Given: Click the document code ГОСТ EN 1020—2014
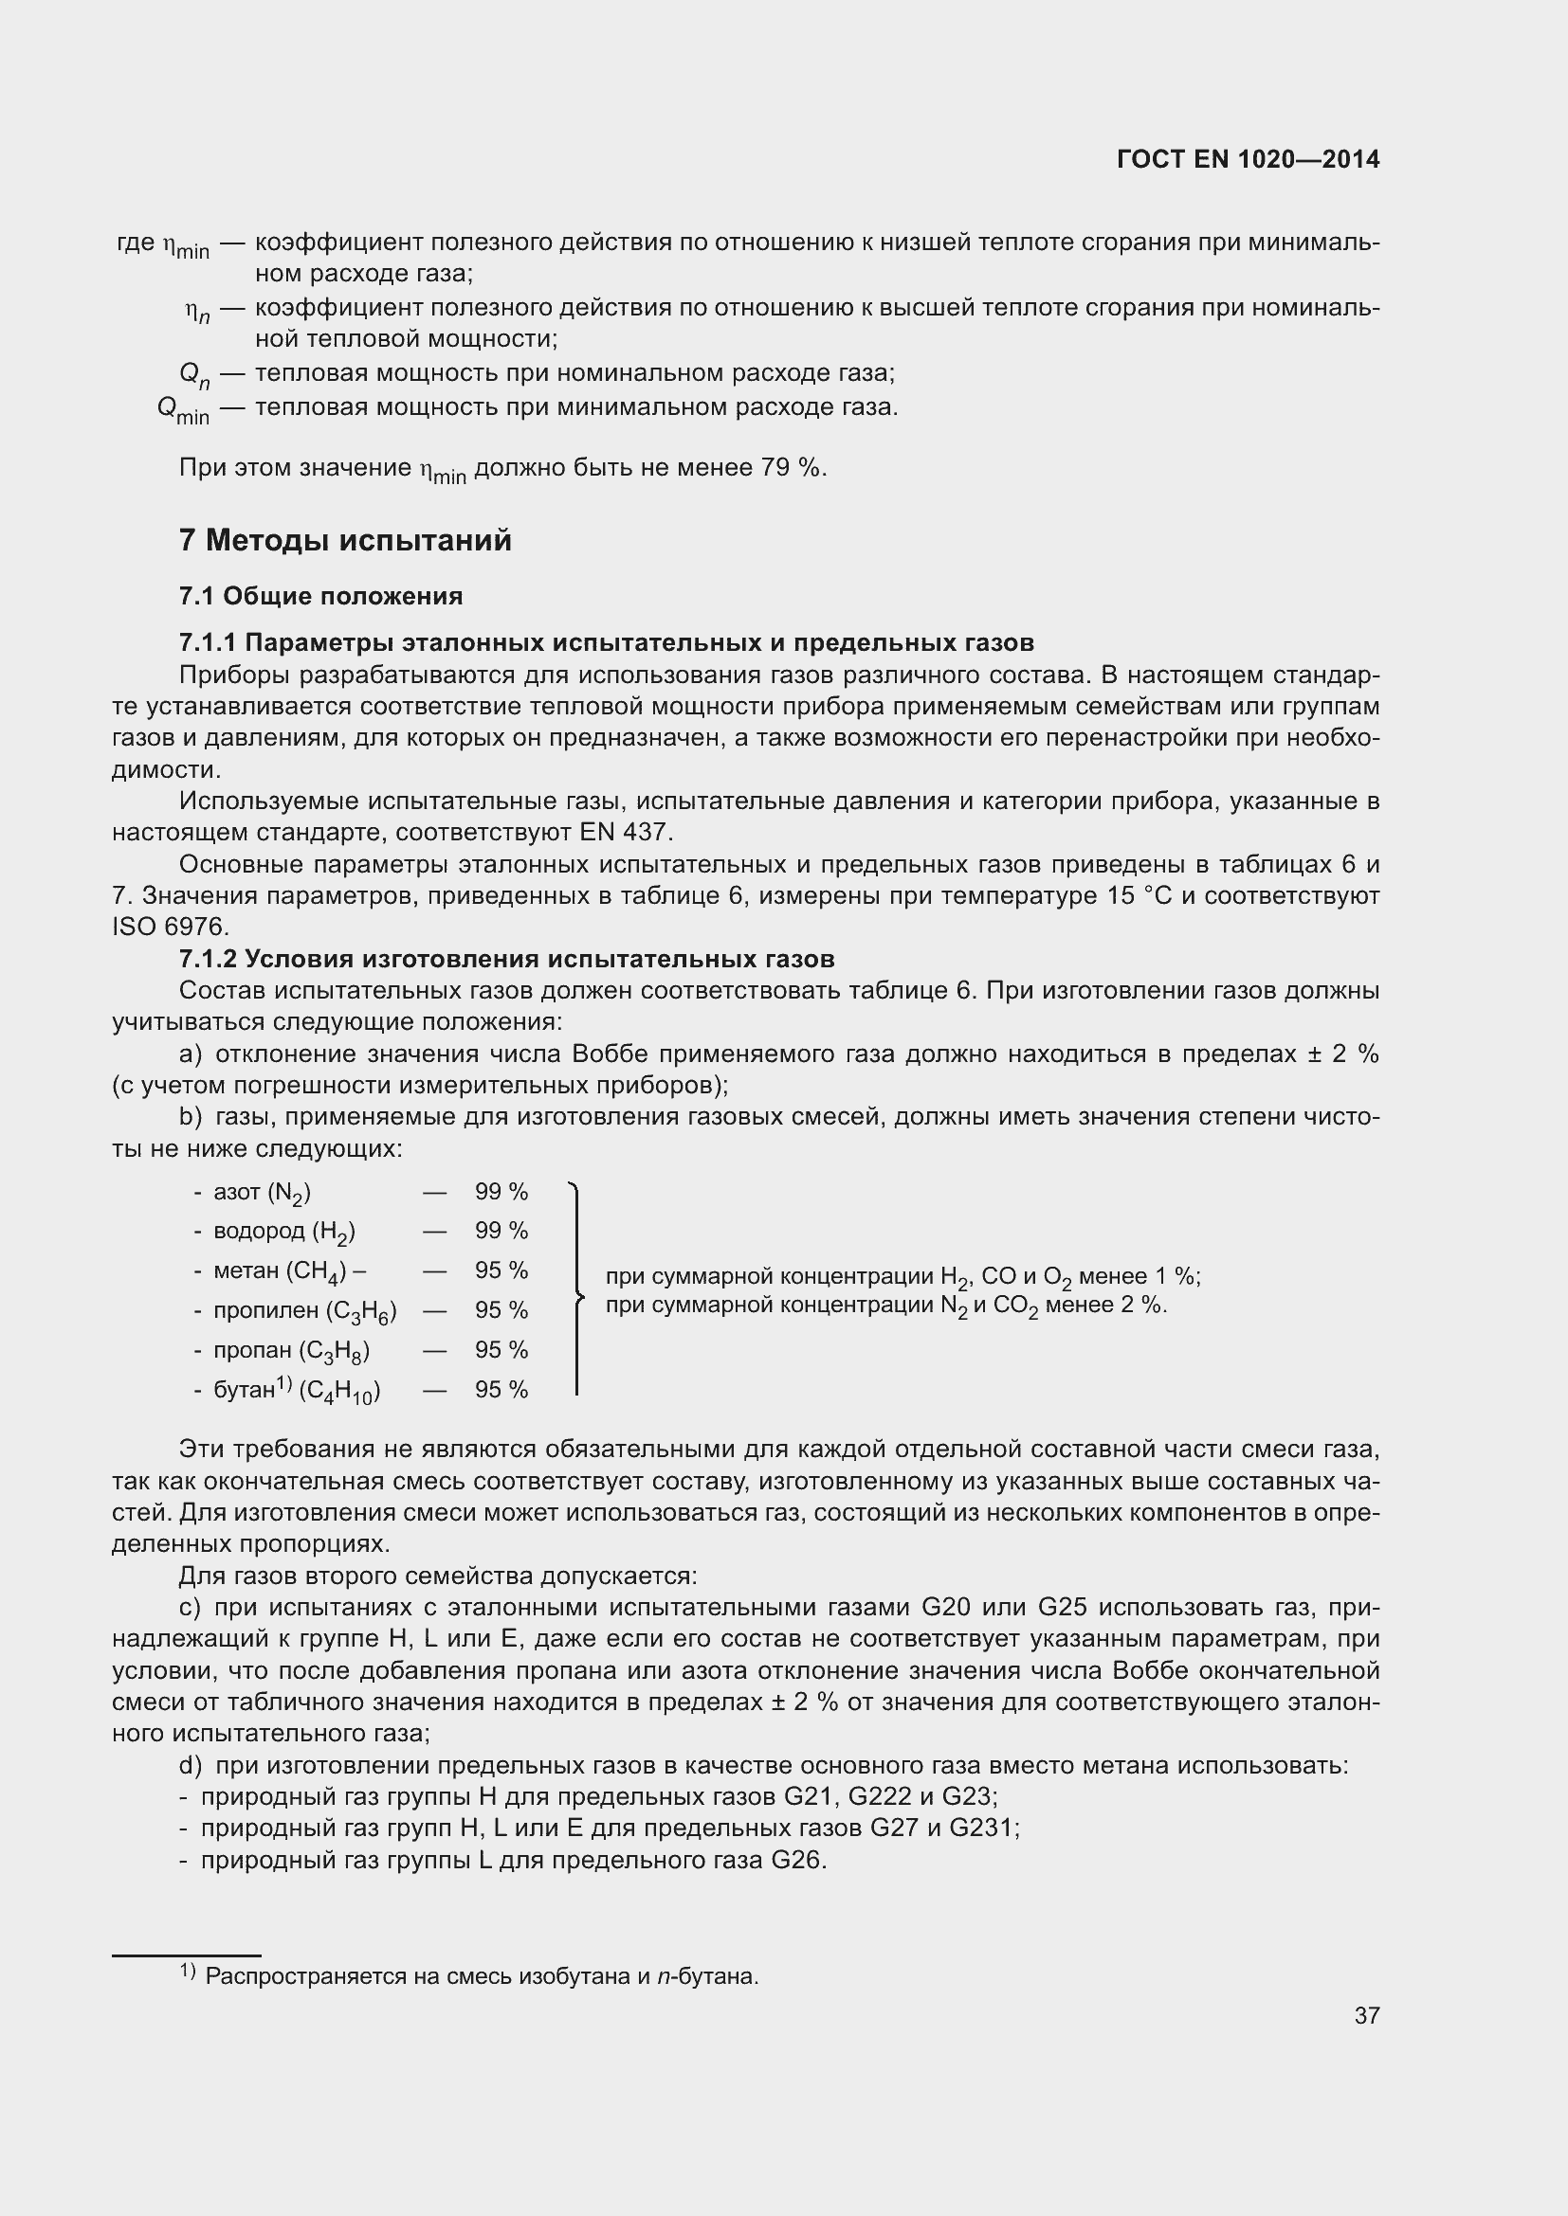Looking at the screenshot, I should click(x=1248, y=159).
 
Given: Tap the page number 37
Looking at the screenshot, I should click(x=1366, y=2015).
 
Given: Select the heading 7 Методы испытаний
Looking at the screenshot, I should click(x=345, y=540).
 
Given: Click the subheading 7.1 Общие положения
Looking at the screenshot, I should click(x=320, y=597).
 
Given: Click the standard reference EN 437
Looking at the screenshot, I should click(x=626, y=832).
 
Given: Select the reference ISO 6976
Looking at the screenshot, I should click(x=170, y=928).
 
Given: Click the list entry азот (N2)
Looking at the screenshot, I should click(x=261, y=1193).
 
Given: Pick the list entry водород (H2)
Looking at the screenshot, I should click(x=283, y=1233).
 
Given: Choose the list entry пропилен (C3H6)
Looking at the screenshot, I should click(x=304, y=1311).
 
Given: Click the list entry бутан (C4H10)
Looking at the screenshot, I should click(x=296, y=1391).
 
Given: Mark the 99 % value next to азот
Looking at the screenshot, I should click(x=501, y=1192).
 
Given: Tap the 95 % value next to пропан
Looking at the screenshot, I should click(x=501, y=1350).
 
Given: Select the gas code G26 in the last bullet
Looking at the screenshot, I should click(x=795, y=1860).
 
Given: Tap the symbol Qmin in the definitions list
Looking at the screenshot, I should click(x=182, y=409).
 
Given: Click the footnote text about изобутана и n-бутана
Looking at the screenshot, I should click(x=481, y=1976).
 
